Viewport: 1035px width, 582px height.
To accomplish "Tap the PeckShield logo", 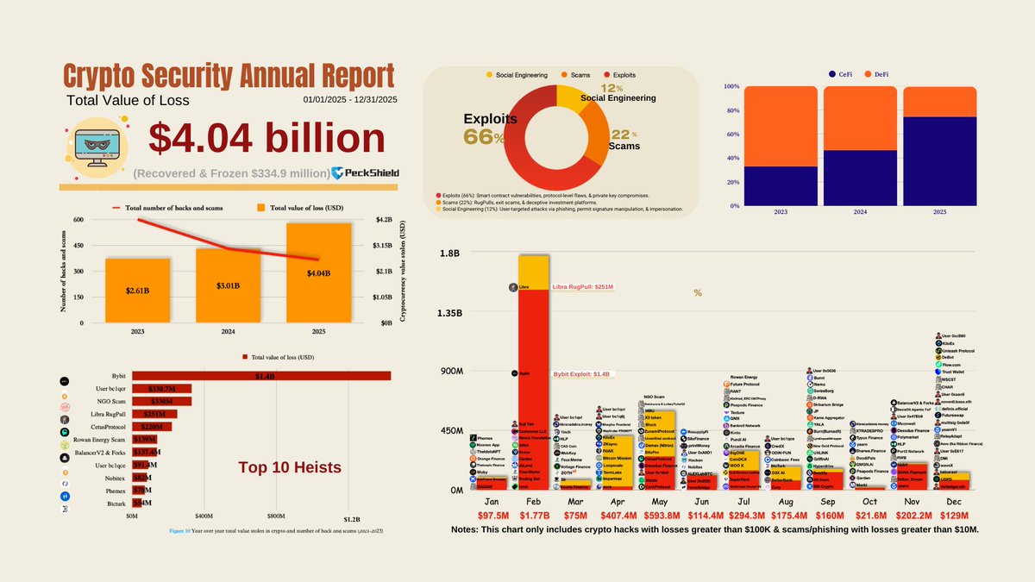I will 365,173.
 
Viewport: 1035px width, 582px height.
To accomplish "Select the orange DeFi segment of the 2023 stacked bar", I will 779,126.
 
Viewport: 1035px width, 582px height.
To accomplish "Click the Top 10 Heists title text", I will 289,468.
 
